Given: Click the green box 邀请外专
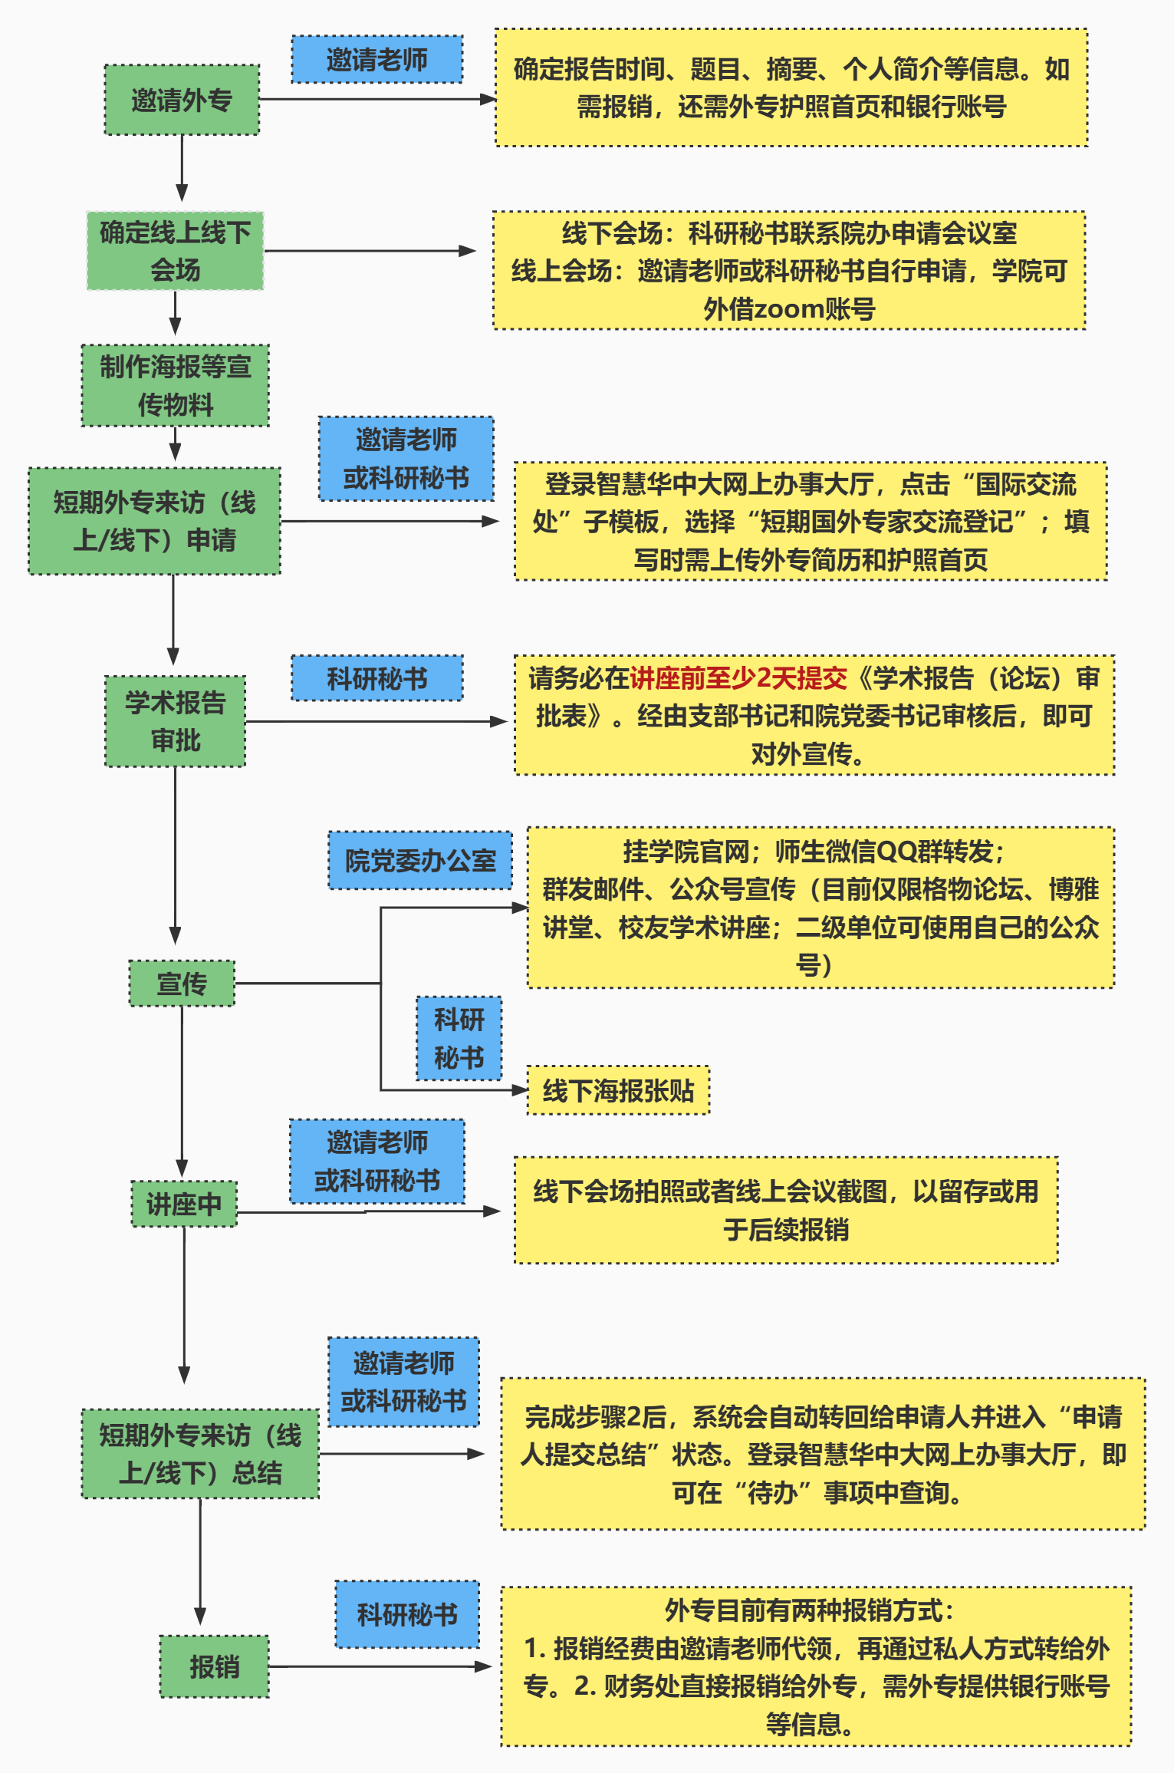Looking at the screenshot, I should [182, 100].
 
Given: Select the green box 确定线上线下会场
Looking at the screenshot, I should [175, 251].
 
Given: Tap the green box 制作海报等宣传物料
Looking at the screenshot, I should [175, 385].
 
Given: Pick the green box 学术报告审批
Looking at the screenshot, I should [175, 721].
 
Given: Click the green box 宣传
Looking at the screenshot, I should [182, 983].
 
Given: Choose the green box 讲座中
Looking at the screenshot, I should [184, 1204].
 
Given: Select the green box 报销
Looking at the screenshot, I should [214, 1666].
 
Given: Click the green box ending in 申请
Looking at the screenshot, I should [154, 521].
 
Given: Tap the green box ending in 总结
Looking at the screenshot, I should [200, 1454].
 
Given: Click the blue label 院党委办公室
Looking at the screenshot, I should [420, 861].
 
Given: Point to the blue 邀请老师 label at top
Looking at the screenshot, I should [377, 60].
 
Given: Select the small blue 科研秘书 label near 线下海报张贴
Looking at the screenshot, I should [459, 1039].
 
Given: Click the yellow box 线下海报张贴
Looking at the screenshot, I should [618, 1090].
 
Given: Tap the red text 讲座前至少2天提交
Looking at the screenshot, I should [738, 678].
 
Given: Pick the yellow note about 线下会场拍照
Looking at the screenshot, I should [786, 1210].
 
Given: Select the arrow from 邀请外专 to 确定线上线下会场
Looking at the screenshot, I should [182, 169].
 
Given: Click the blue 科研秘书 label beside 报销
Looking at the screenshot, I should [407, 1614].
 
